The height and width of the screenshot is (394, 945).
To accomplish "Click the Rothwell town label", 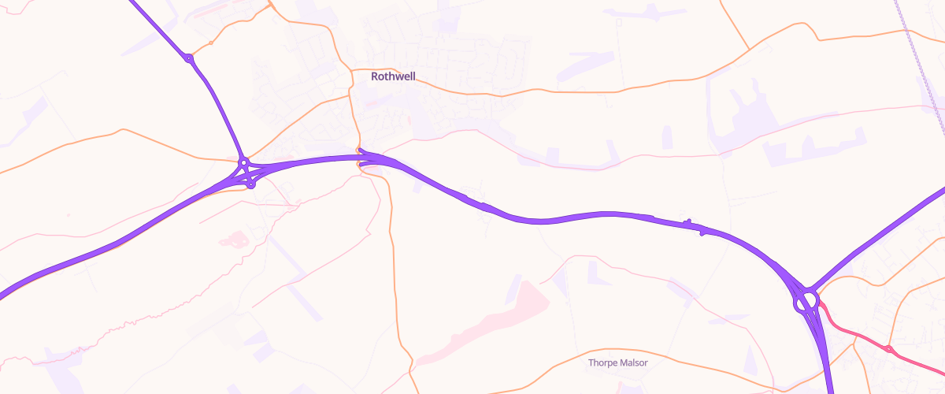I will tap(393, 76).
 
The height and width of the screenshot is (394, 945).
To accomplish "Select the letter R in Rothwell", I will tap(375, 76).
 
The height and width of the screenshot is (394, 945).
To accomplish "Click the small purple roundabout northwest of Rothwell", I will tap(189, 58).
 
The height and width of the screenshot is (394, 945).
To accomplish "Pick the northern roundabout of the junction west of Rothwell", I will tap(244, 162).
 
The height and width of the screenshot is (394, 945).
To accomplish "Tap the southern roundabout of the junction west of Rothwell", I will tap(250, 185).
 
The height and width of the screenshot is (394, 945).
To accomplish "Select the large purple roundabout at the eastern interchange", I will tap(806, 300).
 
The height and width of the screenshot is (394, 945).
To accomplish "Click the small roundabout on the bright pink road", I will tap(888, 349).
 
